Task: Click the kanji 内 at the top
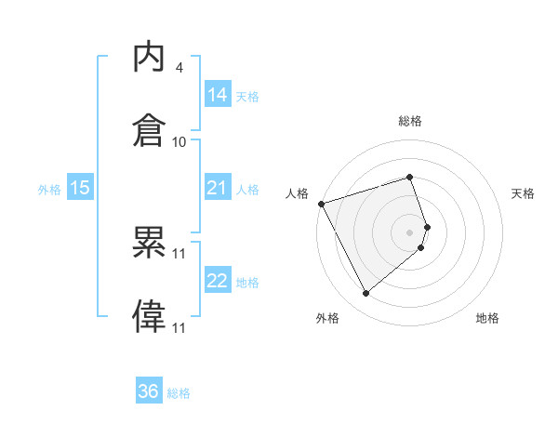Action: [150, 58]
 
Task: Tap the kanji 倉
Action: [150, 129]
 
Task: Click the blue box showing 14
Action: [218, 95]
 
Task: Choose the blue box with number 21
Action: [218, 189]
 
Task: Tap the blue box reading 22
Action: [218, 282]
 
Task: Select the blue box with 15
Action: [80, 189]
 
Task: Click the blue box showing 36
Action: [149, 391]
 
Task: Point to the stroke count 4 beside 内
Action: [179, 68]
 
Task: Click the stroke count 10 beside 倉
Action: [179, 141]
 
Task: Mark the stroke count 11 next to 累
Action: [179, 253]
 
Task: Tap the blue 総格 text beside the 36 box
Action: [179, 393]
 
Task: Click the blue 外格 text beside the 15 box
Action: [49, 190]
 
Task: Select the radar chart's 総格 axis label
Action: [410, 122]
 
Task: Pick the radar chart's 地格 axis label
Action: [487, 319]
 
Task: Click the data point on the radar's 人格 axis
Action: [321, 204]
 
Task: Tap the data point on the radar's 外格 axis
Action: [365, 294]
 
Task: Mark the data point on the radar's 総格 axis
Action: [410, 177]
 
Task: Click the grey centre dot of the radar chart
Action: [410, 232]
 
